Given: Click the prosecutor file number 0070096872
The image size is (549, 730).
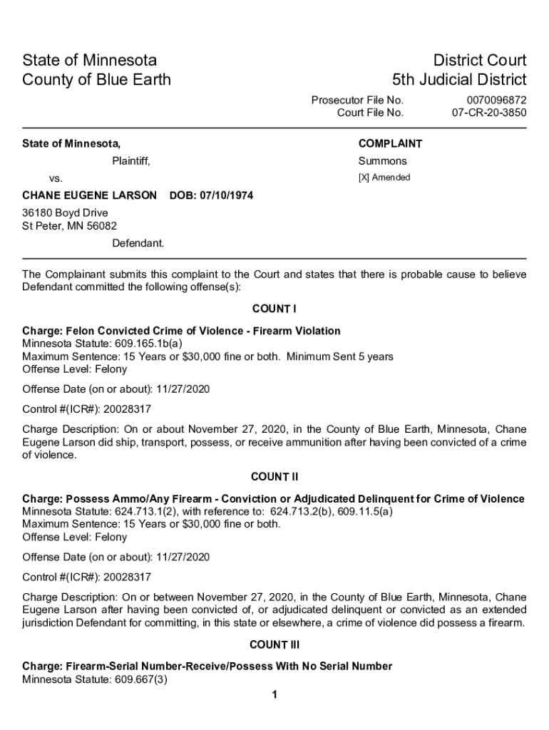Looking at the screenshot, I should coord(496,100).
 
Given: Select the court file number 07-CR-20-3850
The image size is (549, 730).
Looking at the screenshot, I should coord(489,113).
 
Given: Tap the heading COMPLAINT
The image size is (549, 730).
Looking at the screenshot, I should coord(390,144).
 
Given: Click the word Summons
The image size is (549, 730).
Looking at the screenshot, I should coord(382,161).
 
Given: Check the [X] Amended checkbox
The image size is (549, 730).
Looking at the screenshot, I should coord(363,178).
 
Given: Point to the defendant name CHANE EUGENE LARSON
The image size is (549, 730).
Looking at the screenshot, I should coord(89,195).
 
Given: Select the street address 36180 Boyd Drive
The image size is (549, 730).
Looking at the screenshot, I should coord(65,213).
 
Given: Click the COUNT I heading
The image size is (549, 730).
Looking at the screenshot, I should coord(274,309).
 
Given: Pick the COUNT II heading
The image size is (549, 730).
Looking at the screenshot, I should coord(274,476).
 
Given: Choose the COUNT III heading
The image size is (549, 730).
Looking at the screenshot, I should coord(274,645).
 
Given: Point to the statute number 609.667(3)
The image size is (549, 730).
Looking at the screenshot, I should coord(140,679).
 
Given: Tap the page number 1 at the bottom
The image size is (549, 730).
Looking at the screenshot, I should coord(274,695).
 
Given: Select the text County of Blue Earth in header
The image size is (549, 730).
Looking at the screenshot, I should coord(97,79).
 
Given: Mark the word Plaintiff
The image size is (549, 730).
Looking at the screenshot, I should coord(130,161).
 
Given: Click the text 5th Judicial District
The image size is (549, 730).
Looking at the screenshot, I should coord(459,79).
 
